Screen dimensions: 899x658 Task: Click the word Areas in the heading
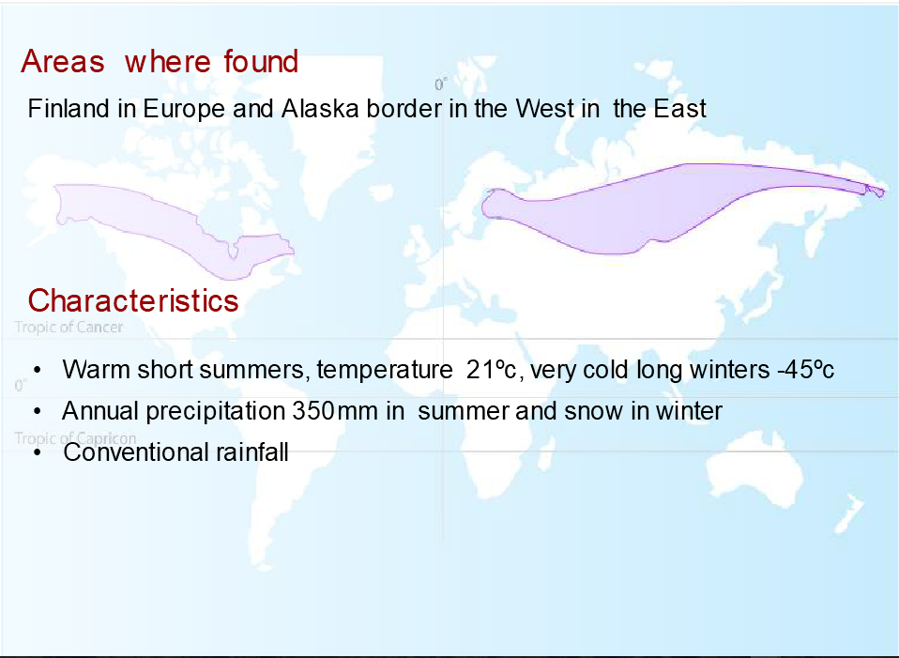click(x=63, y=61)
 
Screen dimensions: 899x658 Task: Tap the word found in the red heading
click(x=261, y=61)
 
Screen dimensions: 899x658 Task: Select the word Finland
click(x=69, y=109)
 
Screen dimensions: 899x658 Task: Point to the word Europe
click(x=184, y=109)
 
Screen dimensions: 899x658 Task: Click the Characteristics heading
click(x=133, y=300)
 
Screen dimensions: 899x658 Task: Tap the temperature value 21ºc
click(x=492, y=369)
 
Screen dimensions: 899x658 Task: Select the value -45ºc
click(x=805, y=369)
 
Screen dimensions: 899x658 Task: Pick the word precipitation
click(x=215, y=411)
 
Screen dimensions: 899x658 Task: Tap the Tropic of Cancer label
click(x=69, y=327)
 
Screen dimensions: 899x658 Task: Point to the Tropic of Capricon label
click(x=75, y=437)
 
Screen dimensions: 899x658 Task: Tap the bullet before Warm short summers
click(x=38, y=370)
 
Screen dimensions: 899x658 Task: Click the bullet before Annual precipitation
click(x=38, y=411)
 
